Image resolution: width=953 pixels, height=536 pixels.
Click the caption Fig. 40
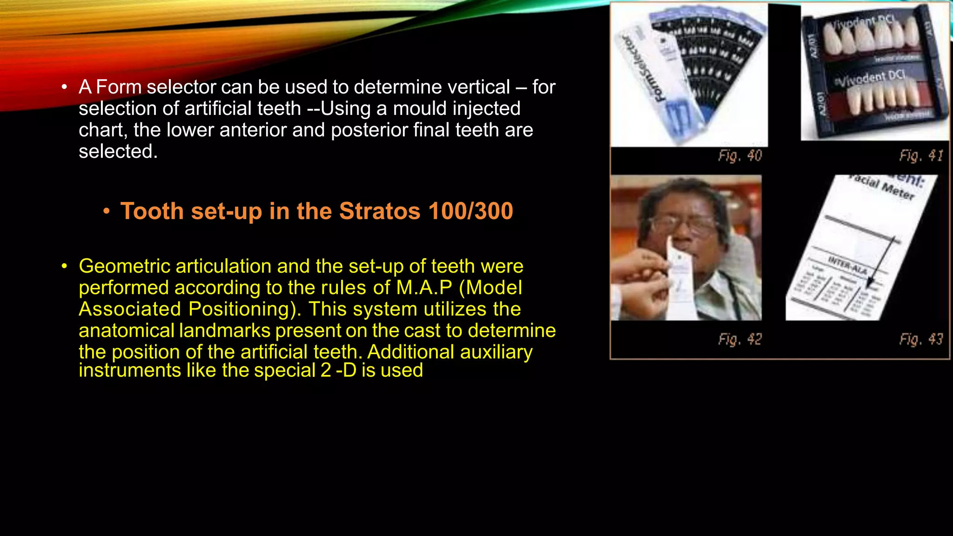click(740, 155)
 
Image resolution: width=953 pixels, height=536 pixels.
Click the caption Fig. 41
click(921, 155)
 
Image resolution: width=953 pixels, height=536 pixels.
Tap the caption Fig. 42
click(740, 339)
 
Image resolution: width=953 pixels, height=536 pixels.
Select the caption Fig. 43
click(921, 339)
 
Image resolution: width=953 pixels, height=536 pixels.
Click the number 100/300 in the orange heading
click(470, 211)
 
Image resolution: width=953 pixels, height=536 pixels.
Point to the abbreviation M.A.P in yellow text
click(424, 288)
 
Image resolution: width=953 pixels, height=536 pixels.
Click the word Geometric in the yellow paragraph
click(124, 266)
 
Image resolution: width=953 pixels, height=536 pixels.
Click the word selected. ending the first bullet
click(118, 151)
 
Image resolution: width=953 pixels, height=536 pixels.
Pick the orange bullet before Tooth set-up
click(107, 212)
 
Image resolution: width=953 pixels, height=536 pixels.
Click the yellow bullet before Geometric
click(64, 266)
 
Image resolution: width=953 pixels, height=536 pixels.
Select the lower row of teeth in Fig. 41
click(882, 99)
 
